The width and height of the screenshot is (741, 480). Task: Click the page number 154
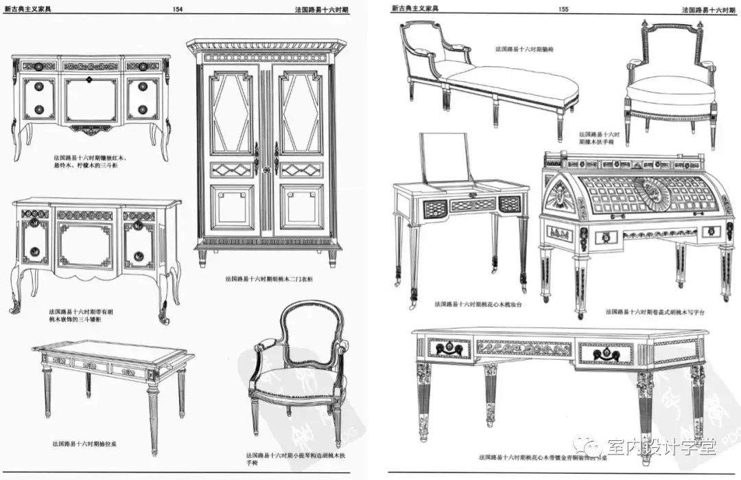178,9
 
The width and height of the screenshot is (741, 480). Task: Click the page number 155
564,9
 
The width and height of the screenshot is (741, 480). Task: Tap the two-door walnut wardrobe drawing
266,151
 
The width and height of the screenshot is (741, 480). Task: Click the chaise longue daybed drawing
491,79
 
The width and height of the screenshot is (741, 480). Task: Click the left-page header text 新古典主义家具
28,9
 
